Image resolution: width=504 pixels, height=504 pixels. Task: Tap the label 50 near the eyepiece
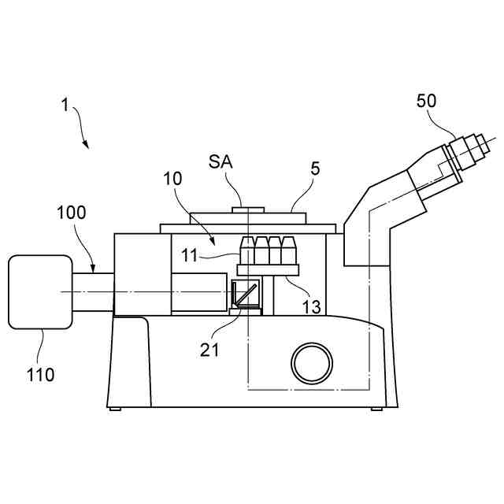click(x=426, y=101)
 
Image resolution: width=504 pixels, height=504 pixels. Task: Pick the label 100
click(x=72, y=212)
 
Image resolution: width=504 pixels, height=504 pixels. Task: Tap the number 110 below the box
click(x=39, y=374)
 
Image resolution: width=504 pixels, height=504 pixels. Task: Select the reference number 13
click(x=312, y=307)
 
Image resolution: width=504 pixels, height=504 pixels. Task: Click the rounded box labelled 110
click(x=39, y=291)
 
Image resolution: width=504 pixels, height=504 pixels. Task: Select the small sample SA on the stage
click(x=247, y=209)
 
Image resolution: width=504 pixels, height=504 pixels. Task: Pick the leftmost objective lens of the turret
click(x=248, y=250)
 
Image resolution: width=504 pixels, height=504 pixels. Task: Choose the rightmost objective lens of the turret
click(x=288, y=250)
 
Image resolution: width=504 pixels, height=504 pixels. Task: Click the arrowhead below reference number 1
click(x=87, y=146)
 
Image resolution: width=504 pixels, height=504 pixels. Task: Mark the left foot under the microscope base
click(x=115, y=409)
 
